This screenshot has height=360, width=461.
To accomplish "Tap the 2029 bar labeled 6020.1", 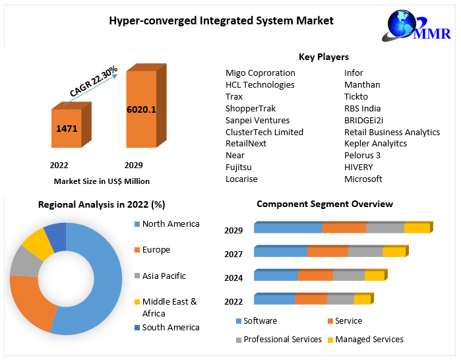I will (141, 109).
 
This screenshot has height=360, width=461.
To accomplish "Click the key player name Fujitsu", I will (239, 167).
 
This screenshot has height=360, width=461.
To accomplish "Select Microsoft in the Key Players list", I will (363, 179).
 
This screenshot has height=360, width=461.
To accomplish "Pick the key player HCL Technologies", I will (260, 84).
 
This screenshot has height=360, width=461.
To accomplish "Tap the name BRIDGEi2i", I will (363, 120).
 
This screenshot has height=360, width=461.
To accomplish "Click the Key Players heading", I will (324, 57).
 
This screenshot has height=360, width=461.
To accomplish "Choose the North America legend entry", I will (170, 224).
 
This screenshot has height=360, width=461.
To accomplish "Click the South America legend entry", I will (170, 327).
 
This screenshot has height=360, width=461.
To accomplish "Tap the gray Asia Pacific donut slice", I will (24, 262).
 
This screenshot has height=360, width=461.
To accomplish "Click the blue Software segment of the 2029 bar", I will (288, 228).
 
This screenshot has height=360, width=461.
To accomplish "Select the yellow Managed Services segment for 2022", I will (362, 299).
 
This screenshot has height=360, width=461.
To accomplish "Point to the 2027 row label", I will (233, 254).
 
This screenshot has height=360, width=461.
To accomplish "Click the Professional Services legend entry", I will (282, 340).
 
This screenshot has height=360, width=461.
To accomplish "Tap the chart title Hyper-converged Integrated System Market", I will (221, 20).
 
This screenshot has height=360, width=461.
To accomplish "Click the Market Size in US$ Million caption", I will (102, 181).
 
